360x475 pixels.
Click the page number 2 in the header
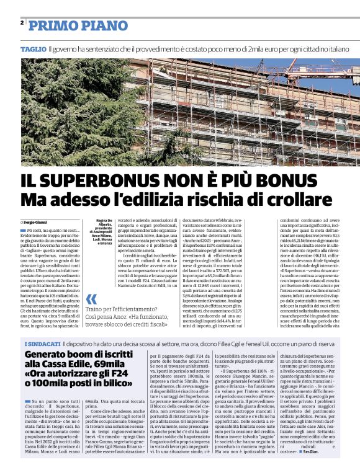pyautogui.click(x=22, y=22)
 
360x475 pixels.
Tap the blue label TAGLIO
pyautogui.click(x=32, y=48)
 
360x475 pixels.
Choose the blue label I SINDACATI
pyautogui.click(x=42, y=344)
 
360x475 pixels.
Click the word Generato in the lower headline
pyautogui.click(x=50, y=356)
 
